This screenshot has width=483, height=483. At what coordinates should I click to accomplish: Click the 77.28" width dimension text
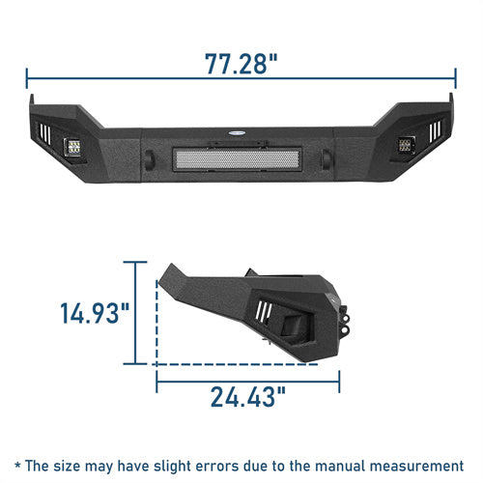[x=241, y=64]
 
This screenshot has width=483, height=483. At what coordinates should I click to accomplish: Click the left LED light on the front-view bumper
[x=71, y=149]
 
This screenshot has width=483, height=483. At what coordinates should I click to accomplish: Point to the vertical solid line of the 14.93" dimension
[x=146, y=314]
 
